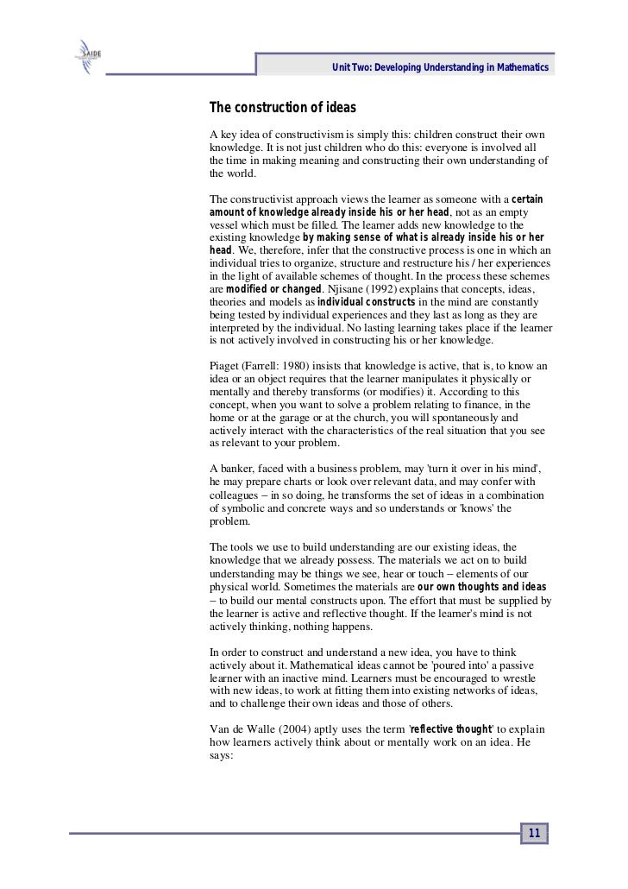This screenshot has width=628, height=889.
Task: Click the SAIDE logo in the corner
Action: pos(88,63)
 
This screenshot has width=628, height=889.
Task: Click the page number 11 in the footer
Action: pos(533,834)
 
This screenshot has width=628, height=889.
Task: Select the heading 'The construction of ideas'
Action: pos(283,109)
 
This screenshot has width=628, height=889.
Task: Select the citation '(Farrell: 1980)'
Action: pos(286,366)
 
